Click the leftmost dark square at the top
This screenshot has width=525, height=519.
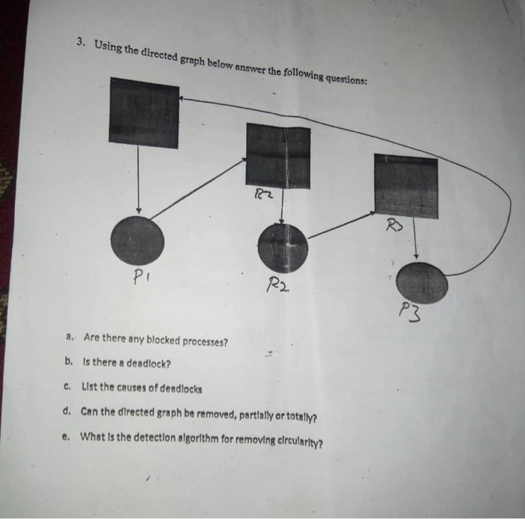click(x=143, y=112)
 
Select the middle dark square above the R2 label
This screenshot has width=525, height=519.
click(x=277, y=156)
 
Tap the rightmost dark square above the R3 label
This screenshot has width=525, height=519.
click(x=406, y=186)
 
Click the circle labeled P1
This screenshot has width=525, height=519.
click(x=137, y=240)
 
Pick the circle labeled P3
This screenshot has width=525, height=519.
click(x=421, y=284)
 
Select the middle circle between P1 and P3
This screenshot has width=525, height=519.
click(x=283, y=247)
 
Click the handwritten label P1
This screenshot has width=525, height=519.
click(x=140, y=277)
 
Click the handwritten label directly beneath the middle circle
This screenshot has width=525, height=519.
click(x=277, y=285)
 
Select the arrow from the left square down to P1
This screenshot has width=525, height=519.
click(x=139, y=180)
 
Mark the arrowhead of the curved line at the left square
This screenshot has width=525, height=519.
click(x=183, y=99)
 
